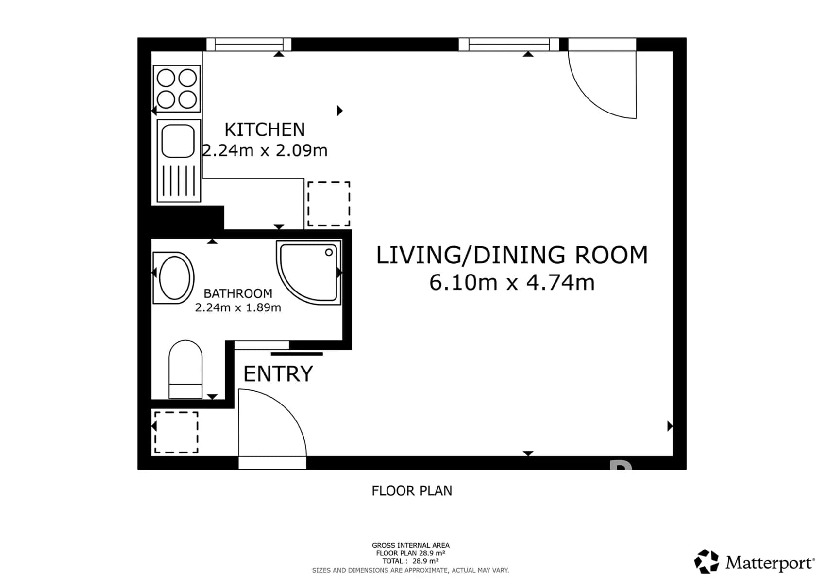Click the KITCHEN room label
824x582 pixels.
(265, 130)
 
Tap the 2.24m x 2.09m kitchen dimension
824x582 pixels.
(265, 151)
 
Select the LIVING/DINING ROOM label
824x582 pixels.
(512, 255)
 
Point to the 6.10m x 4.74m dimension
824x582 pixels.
(512, 282)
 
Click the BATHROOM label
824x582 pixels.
(238, 293)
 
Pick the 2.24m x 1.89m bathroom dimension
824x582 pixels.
(238, 307)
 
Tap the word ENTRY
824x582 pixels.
(278, 374)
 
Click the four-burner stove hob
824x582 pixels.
(177, 89)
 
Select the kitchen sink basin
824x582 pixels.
(178, 141)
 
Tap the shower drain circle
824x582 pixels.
(329, 252)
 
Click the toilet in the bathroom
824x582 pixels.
(185, 370)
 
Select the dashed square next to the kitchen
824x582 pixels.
(329, 204)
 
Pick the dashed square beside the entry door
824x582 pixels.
(176, 432)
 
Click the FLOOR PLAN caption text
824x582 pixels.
(412, 491)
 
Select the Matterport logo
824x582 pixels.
(754, 563)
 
